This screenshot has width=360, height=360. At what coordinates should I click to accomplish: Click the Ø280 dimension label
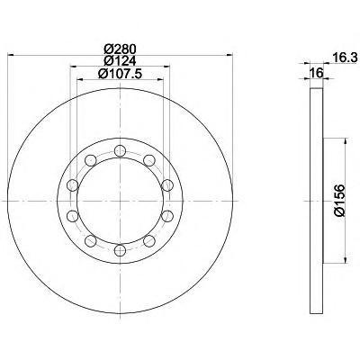coord(120,49)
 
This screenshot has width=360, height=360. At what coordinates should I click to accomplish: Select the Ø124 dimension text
coord(120,61)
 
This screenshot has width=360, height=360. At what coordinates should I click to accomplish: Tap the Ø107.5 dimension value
coord(120,74)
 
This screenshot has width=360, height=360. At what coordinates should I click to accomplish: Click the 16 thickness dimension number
coord(317,73)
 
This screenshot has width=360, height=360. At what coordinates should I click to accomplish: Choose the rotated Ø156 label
coord(339,201)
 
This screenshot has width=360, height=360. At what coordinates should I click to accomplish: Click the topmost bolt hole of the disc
coord(120,150)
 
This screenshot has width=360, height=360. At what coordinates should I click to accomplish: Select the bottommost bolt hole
coord(120,250)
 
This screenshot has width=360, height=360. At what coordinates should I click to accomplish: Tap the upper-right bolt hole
coord(149,160)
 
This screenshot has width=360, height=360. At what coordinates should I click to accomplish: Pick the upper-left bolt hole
coord(91,160)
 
